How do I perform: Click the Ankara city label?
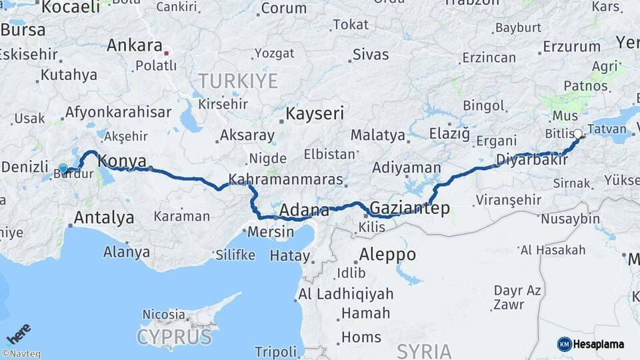click(135, 46)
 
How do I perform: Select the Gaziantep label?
click(409, 208)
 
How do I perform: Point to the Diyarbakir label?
click(532, 160)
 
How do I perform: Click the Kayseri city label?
click(315, 113)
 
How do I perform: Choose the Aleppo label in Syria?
click(387, 255)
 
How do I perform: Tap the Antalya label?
click(104, 217)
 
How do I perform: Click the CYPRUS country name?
click(174, 337)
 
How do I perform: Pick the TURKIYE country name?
click(237, 81)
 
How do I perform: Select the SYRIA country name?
click(424, 351)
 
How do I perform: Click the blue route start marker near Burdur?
click(63, 169)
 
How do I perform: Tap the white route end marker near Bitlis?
click(577, 134)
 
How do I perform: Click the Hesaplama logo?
click(591, 344)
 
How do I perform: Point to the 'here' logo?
click(19, 333)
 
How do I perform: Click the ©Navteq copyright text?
click(21, 354)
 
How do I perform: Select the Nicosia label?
click(163, 313)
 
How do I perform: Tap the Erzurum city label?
click(571, 47)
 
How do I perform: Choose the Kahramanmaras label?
click(286, 180)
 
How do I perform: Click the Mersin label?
click(271, 232)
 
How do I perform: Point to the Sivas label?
click(371, 55)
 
